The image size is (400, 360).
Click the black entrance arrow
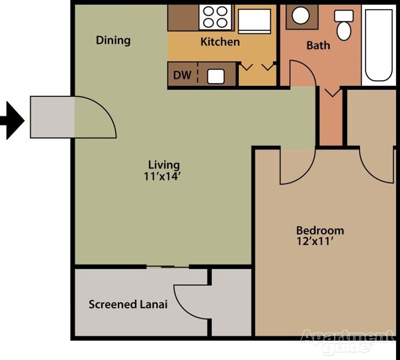13,121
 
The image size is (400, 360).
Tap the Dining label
113,40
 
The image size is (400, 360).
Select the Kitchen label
220,42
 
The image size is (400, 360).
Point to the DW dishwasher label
182,75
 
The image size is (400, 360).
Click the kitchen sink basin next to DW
216,76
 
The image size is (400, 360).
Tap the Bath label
318,45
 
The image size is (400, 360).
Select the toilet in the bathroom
343,25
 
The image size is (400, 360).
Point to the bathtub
378,44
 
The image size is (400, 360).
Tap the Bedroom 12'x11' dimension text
315,241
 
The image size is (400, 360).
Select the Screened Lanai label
128,304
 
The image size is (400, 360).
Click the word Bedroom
320,230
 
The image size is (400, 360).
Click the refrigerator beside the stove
254,21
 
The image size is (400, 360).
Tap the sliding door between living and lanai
167,267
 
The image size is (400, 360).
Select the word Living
164,165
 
